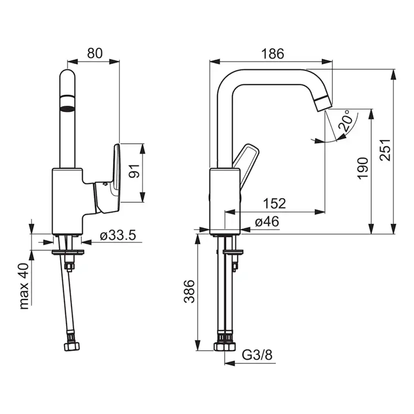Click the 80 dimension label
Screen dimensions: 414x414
pyautogui.click(x=95, y=53)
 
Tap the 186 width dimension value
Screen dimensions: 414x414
pyautogui.click(x=272, y=54)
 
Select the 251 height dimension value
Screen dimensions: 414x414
pyautogui.click(x=385, y=149)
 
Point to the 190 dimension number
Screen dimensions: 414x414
pyautogui.click(x=363, y=168)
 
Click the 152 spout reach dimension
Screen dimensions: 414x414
pyautogui.click(x=274, y=203)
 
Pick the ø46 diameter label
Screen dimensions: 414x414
pyautogui.click(x=267, y=221)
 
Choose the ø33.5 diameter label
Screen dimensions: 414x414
pyautogui.click(x=118, y=234)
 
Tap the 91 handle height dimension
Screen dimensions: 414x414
pyautogui.click(x=134, y=171)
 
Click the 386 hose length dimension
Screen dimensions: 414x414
pyautogui.click(x=189, y=291)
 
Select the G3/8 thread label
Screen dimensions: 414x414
pyautogui.click(x=257, y=355)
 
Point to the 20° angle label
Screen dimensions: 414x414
pyautogui.click(x=345, y=121)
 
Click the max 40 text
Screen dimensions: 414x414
pyautogui.click(x=24, y=286)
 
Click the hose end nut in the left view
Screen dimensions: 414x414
pyautogui.click(x=72, y=346)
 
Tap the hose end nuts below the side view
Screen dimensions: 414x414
pyautogui.click(x=224, y=346)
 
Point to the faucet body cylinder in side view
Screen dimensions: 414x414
pyautogui.click(x=225, y=201)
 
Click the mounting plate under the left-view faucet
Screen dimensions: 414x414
pyautogui.click(x=68, y=252)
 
